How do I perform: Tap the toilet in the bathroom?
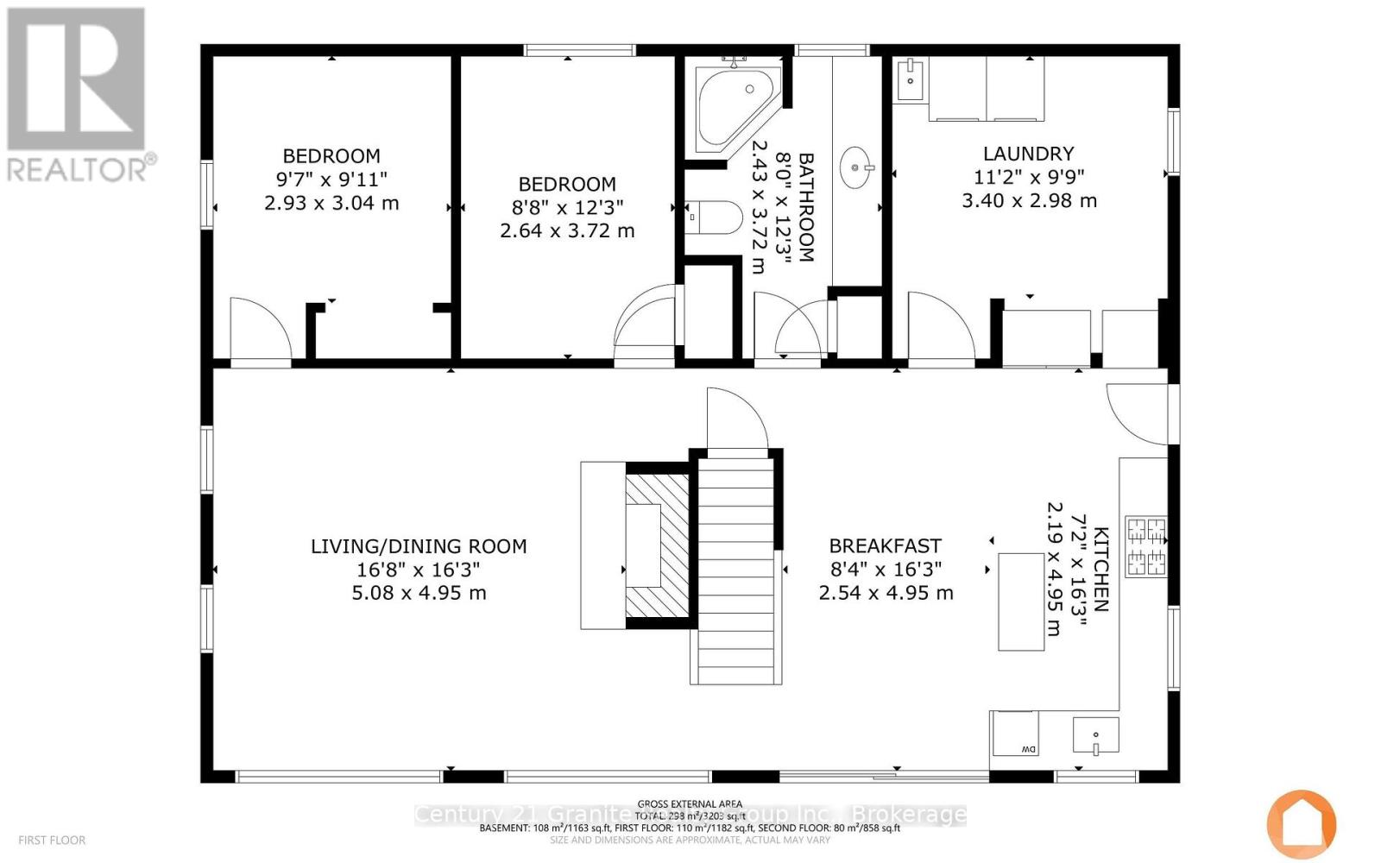[x=716, y=218]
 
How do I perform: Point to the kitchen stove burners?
[x=1145, y=547]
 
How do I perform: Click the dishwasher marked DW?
[x=1015, y=734]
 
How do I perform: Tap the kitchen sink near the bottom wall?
[x=1095, y=735]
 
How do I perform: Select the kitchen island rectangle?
[x=1021, y=602]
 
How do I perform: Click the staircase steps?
[x=736, y=570]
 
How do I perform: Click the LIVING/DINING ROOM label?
[x=419, y=546]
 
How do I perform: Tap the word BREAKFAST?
[x=885, y=545]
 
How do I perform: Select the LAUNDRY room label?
[x=1028, y=154]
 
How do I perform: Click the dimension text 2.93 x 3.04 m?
[x=331, y=204]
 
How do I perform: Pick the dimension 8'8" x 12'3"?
[x=567, y=207]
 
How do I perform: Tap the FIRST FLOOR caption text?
[x=52, y=840]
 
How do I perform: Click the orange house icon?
[x=1301, y=823]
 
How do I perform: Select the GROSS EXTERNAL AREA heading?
[x=690, y=803]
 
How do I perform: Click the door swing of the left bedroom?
[x=259, y=332]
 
